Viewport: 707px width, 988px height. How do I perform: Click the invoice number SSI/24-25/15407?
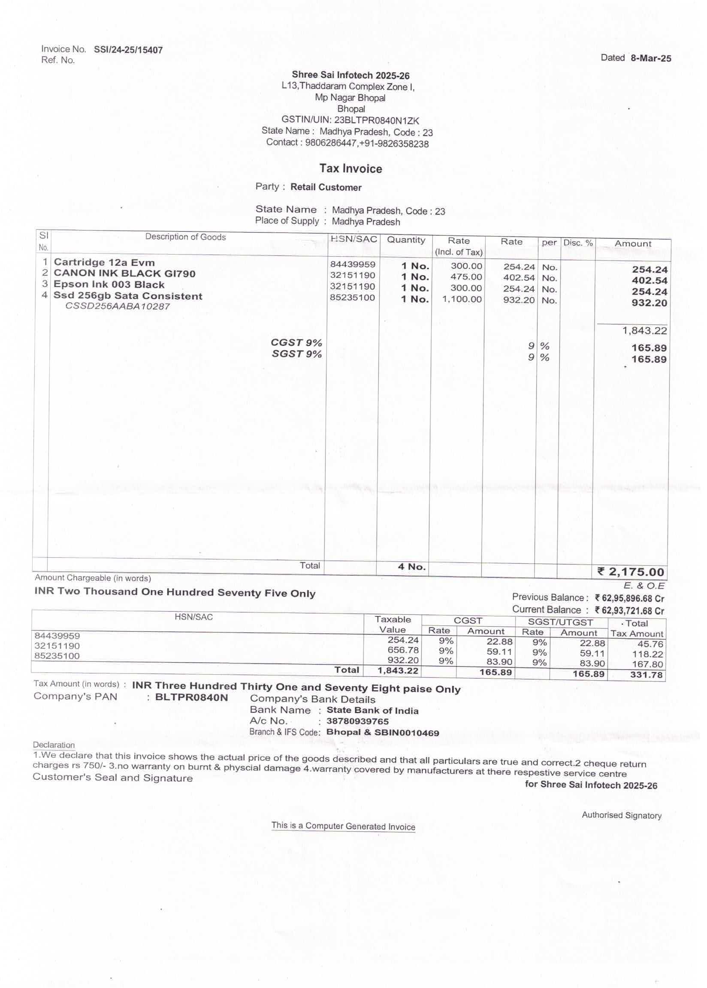tap(128, 50)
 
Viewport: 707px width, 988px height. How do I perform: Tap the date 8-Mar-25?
tap(650, 58)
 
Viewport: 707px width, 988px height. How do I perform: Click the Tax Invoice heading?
tap(350, 169)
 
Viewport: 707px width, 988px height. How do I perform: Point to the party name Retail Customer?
tap(326, 187)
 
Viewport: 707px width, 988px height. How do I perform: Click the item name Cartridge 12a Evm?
tap(104, 262)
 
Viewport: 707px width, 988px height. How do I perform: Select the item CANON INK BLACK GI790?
tap(124, 273)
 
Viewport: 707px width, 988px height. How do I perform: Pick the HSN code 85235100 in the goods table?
tap(352, 298)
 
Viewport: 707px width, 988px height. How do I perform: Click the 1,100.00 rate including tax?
tap(462, 299)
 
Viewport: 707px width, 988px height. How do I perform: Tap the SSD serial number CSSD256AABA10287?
tap(117, 306)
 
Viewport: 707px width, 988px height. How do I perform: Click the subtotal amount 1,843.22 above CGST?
tap(644, 330)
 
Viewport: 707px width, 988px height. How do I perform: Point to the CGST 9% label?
tap(296, 342)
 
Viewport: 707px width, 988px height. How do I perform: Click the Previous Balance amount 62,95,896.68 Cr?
tap(629, 598)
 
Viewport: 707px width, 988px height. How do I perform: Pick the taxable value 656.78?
tap(403, 650)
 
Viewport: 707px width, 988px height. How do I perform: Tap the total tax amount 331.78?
tap(646, 675)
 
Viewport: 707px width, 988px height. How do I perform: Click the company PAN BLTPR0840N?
tap(191, 697)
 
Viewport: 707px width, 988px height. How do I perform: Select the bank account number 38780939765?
tap(357, 721)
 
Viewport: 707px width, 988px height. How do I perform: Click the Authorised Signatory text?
tap(621, 815)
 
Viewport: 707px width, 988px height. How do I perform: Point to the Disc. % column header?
tap(578, 243)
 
